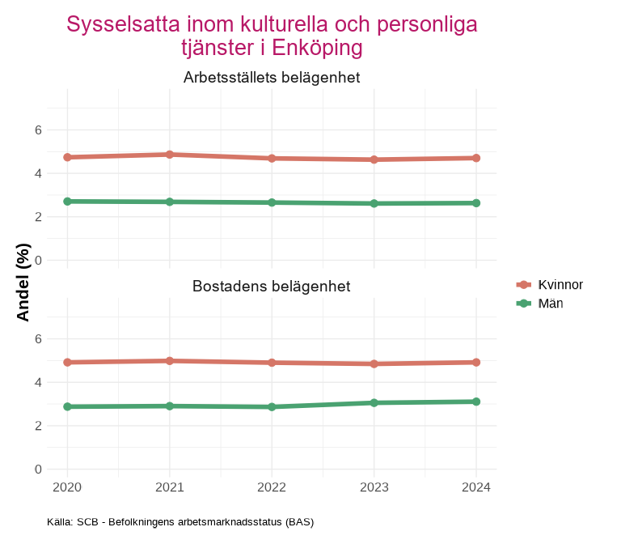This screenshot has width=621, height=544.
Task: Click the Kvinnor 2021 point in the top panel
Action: (169, 154)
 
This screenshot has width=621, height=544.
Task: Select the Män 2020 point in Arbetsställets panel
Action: (67, 201)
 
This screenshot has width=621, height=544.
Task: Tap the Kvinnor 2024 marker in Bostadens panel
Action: (476, 362)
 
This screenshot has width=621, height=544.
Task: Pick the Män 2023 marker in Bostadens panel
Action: (374, 402)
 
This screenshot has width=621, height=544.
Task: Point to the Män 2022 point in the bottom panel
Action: (272, 406)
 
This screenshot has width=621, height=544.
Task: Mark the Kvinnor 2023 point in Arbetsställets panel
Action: (374, 159)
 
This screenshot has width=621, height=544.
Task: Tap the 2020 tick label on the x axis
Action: (67, 487)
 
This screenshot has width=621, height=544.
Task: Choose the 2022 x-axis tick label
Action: (272, 487)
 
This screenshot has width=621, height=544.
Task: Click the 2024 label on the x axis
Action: (476, 487)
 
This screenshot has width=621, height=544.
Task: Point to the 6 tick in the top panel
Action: (38, 130)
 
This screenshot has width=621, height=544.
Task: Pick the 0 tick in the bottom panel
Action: (38, 469)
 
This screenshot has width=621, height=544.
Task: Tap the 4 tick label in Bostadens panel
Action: (38, 382)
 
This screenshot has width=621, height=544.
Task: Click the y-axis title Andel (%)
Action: (23, 283)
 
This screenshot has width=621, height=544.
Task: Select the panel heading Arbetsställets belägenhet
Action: (272, 78)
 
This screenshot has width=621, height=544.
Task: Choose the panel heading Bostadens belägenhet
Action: (272, 287)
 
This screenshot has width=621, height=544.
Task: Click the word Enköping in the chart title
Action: (318, 48)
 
